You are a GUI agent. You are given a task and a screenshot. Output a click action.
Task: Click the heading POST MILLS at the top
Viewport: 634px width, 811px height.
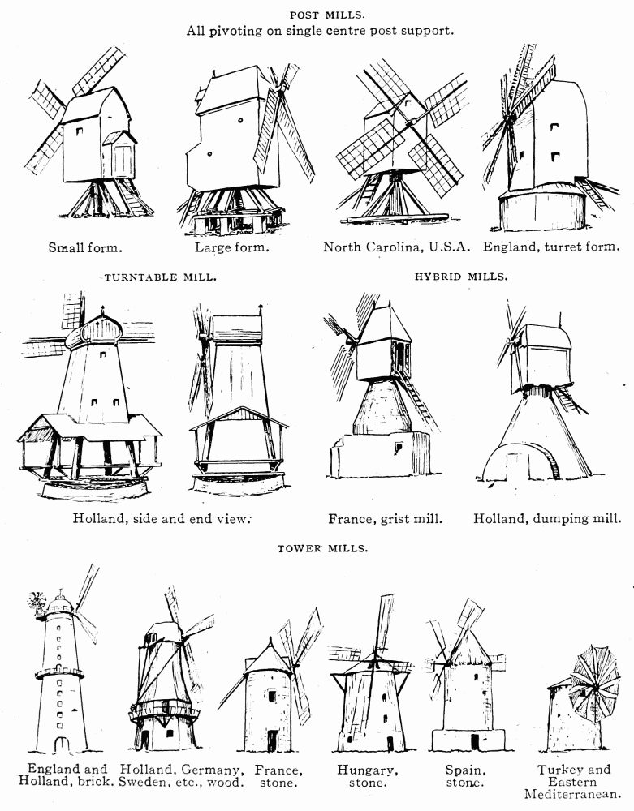[326, 15]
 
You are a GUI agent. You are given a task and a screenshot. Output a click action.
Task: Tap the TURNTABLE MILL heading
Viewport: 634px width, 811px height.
[161, 277]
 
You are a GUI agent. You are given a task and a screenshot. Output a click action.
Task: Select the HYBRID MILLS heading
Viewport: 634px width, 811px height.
[461, 277]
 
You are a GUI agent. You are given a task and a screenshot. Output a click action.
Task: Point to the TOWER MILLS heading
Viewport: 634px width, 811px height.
[323, 549]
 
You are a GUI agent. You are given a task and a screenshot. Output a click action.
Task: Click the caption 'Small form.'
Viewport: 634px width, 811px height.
[85, 247]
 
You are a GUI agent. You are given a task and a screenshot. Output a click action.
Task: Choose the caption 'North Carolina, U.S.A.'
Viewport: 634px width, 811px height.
[396, 247]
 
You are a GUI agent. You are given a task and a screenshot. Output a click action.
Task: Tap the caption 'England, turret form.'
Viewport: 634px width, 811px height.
[551, 247]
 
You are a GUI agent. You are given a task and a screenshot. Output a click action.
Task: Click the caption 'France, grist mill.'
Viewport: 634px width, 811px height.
[386, 519]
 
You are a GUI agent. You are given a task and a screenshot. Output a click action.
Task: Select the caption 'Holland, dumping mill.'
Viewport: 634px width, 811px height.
[548, 518]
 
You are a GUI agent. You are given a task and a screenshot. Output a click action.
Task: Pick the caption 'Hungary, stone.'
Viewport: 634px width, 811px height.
[367, 776]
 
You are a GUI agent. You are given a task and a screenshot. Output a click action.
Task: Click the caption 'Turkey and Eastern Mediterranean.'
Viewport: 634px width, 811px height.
[573, 782]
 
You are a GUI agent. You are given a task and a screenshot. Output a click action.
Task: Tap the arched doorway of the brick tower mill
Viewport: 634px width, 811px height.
[62, 744]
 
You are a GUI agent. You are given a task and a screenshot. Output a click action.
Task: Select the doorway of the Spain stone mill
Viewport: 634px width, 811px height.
[475, 741]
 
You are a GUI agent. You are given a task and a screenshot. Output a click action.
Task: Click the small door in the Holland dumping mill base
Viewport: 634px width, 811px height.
[515, 466]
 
